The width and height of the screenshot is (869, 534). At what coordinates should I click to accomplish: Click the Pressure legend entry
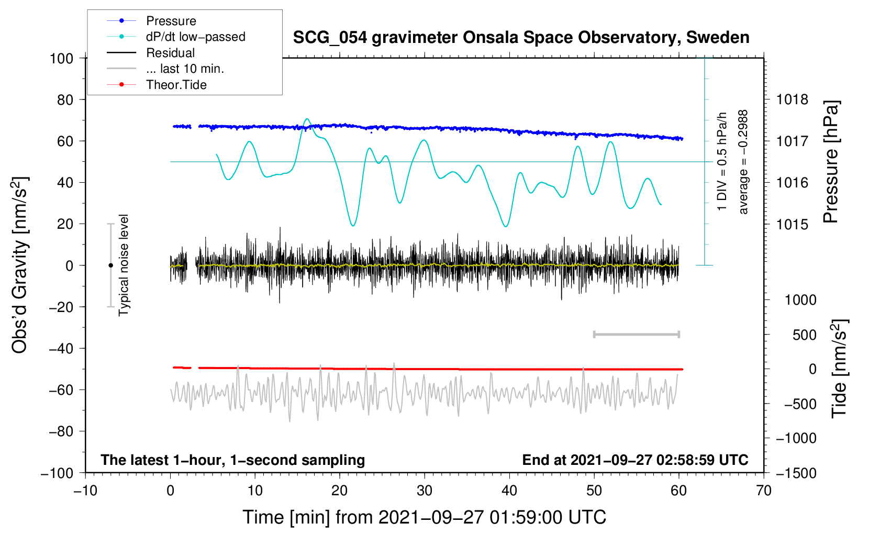pos(171,21)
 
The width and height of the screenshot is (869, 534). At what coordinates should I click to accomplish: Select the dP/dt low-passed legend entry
pos(195,37)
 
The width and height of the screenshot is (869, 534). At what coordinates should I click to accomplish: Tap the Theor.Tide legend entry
pos(176,85)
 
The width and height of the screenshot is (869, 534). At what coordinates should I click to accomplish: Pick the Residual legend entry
pos(170,53)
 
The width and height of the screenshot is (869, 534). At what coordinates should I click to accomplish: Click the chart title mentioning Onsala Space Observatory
pos(521,38)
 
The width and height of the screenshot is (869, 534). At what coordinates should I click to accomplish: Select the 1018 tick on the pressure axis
pos(792,99)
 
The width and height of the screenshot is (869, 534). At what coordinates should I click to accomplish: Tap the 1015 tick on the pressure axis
pos(792,224)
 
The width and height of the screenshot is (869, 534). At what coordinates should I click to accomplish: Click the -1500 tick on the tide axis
pos(796,473)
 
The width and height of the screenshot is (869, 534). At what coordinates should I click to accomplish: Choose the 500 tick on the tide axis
pos(804,335)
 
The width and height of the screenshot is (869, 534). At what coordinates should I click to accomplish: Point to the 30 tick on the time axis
pos(425,491)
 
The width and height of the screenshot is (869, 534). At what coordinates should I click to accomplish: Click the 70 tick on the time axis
pos(764,491)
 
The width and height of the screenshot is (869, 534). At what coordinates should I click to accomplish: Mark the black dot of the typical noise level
pos(110,265)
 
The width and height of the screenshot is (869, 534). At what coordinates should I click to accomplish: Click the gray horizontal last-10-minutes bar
pos(636,335)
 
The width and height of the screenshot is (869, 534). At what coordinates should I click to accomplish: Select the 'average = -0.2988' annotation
pos(743,162)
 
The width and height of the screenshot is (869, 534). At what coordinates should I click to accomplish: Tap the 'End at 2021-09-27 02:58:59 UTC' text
pos(635,460)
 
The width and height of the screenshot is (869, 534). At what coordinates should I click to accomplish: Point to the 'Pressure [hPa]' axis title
pos(831,162)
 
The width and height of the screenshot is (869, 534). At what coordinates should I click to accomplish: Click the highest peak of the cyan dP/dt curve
pos(307,119)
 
